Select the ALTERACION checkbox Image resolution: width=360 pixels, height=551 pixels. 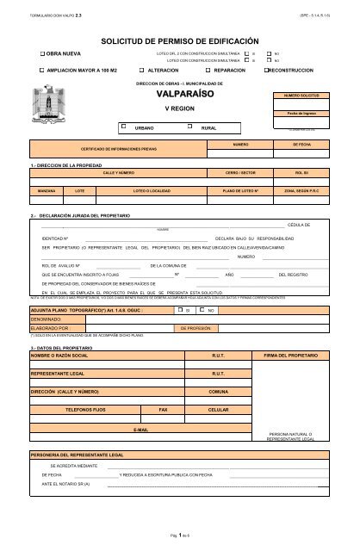[x=141, y=68]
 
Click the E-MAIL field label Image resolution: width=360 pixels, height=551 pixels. [x=140, y=428]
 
